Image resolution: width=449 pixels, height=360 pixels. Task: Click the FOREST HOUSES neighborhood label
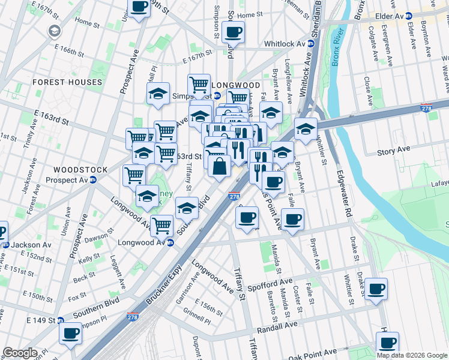click(x=67, y=82)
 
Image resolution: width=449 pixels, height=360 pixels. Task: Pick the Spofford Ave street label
click(x=270, y=281)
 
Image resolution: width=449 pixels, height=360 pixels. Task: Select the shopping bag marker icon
click(x=220, y=166)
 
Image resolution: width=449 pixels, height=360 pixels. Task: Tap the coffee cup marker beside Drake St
click(x=376, y=289)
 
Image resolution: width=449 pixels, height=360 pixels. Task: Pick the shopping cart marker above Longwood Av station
click(x=161, y=226)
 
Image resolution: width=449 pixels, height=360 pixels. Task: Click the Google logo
click(x=20, y=353)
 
